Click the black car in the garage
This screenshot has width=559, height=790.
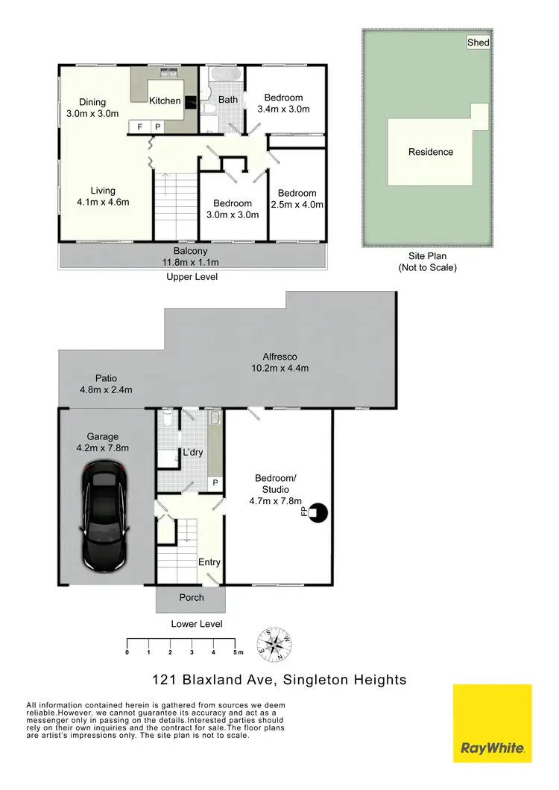click(105, 516)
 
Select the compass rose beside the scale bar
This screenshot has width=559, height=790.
click(274, 645)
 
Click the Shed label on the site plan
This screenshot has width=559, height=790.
click(478, 42)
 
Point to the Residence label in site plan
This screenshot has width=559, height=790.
click(430, 152)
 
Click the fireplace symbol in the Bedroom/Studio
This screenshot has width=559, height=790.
click(319, 512)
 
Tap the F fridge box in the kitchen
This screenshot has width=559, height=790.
click(139, 127)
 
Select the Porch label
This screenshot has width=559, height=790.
click(191, 597)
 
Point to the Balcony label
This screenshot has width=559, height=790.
click(191, 251)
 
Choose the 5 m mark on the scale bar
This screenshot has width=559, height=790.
click(236, 652)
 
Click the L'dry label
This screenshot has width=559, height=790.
click(193, 453)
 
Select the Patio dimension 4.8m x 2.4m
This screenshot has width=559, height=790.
click(105, 389)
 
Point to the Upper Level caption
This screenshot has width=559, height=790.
click(192, 276)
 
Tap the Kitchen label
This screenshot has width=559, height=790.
click(165, 101)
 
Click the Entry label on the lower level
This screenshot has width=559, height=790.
click(209, 562)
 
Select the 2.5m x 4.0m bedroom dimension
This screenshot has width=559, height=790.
click(297, 205)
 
